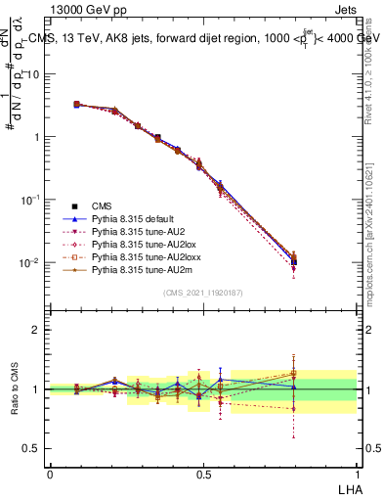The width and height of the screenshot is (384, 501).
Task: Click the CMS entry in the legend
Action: coord(102,205)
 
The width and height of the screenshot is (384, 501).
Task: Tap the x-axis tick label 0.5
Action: coord(203,474)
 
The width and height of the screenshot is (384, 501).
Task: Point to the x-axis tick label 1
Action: coord(357,474)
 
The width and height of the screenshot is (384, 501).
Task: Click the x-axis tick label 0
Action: coord(50,474)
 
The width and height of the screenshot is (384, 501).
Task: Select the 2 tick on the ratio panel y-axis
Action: coord(36,330)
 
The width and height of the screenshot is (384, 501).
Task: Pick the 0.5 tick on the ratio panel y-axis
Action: coord(32,449)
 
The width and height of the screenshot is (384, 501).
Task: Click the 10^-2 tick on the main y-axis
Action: coord(30,262)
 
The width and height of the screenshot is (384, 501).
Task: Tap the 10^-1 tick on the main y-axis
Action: coord(30,200)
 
